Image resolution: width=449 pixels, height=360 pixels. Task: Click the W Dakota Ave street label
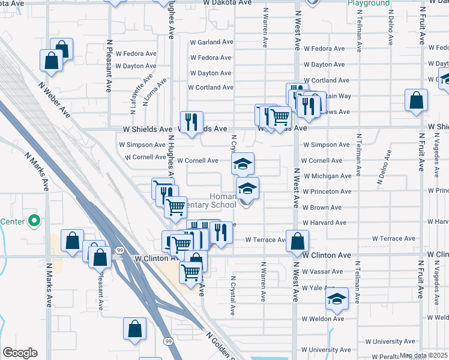point(227,3)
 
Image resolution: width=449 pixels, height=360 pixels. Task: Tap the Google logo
point(20,353)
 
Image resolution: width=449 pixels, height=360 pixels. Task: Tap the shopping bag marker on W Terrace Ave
point(297,242)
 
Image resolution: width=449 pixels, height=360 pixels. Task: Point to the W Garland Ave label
point(211,43)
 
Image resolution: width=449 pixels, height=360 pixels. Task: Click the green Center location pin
point(34,222)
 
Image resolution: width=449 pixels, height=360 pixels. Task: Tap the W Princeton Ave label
point(327,192)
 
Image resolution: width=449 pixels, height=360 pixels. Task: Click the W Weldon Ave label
point(323,319)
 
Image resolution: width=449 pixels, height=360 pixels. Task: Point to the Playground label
point(369,4)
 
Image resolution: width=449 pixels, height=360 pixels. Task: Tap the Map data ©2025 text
point(423,355)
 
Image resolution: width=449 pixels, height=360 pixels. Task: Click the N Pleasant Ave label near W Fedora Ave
point(109,66)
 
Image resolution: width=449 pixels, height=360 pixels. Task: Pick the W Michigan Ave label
point(327,176)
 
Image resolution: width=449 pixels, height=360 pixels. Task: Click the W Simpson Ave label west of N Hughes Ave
point(142,145)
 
